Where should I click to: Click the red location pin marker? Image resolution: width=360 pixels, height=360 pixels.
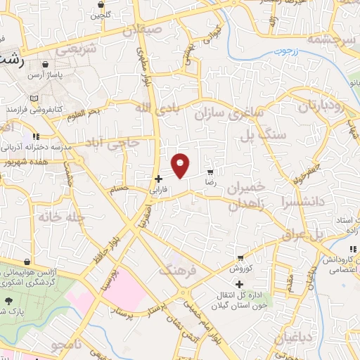[x=181, y=165]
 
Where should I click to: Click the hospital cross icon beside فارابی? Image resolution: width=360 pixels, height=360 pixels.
[x=159, y=179]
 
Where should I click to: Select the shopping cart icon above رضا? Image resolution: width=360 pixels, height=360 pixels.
[x=210, y=172]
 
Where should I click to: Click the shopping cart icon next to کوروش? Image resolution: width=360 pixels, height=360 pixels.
[x=241, y=258]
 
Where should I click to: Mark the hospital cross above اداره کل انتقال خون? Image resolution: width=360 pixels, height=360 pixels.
[x=240, y=284]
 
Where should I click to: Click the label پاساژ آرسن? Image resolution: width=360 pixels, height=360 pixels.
[x=46, y=75]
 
